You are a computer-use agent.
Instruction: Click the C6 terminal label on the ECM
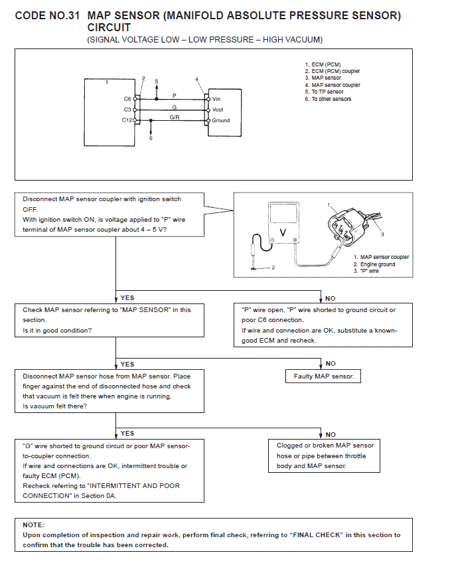pyautogui.click(x=127, y=98)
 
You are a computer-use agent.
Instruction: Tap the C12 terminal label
pyautogui.click(x=127, y=120)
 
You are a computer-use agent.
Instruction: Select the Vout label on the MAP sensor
pyautogui.click(x=218, y=110)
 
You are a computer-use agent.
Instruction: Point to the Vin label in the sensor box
pyautogui.click(x=216, y=99)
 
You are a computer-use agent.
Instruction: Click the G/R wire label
pyautogui.click(x=175, y=117)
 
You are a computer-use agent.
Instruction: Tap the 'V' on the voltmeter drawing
pyautogui.click(x=283, y=232)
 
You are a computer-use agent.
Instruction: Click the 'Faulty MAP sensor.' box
pyautogui.click(x=324, y=376)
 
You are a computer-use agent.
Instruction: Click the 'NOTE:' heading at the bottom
pyautogui.click(x=33, y=525)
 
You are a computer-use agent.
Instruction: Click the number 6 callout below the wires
pyautogui.click(x=151, y=138)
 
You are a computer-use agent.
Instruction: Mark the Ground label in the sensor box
pyautogui.click(x=221, y=120)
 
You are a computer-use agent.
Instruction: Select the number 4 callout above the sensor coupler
pyautogui.click(x=196, y=80)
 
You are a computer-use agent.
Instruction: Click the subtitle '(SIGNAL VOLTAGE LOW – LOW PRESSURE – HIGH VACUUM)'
pyautogui.click(x=205, y=40)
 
